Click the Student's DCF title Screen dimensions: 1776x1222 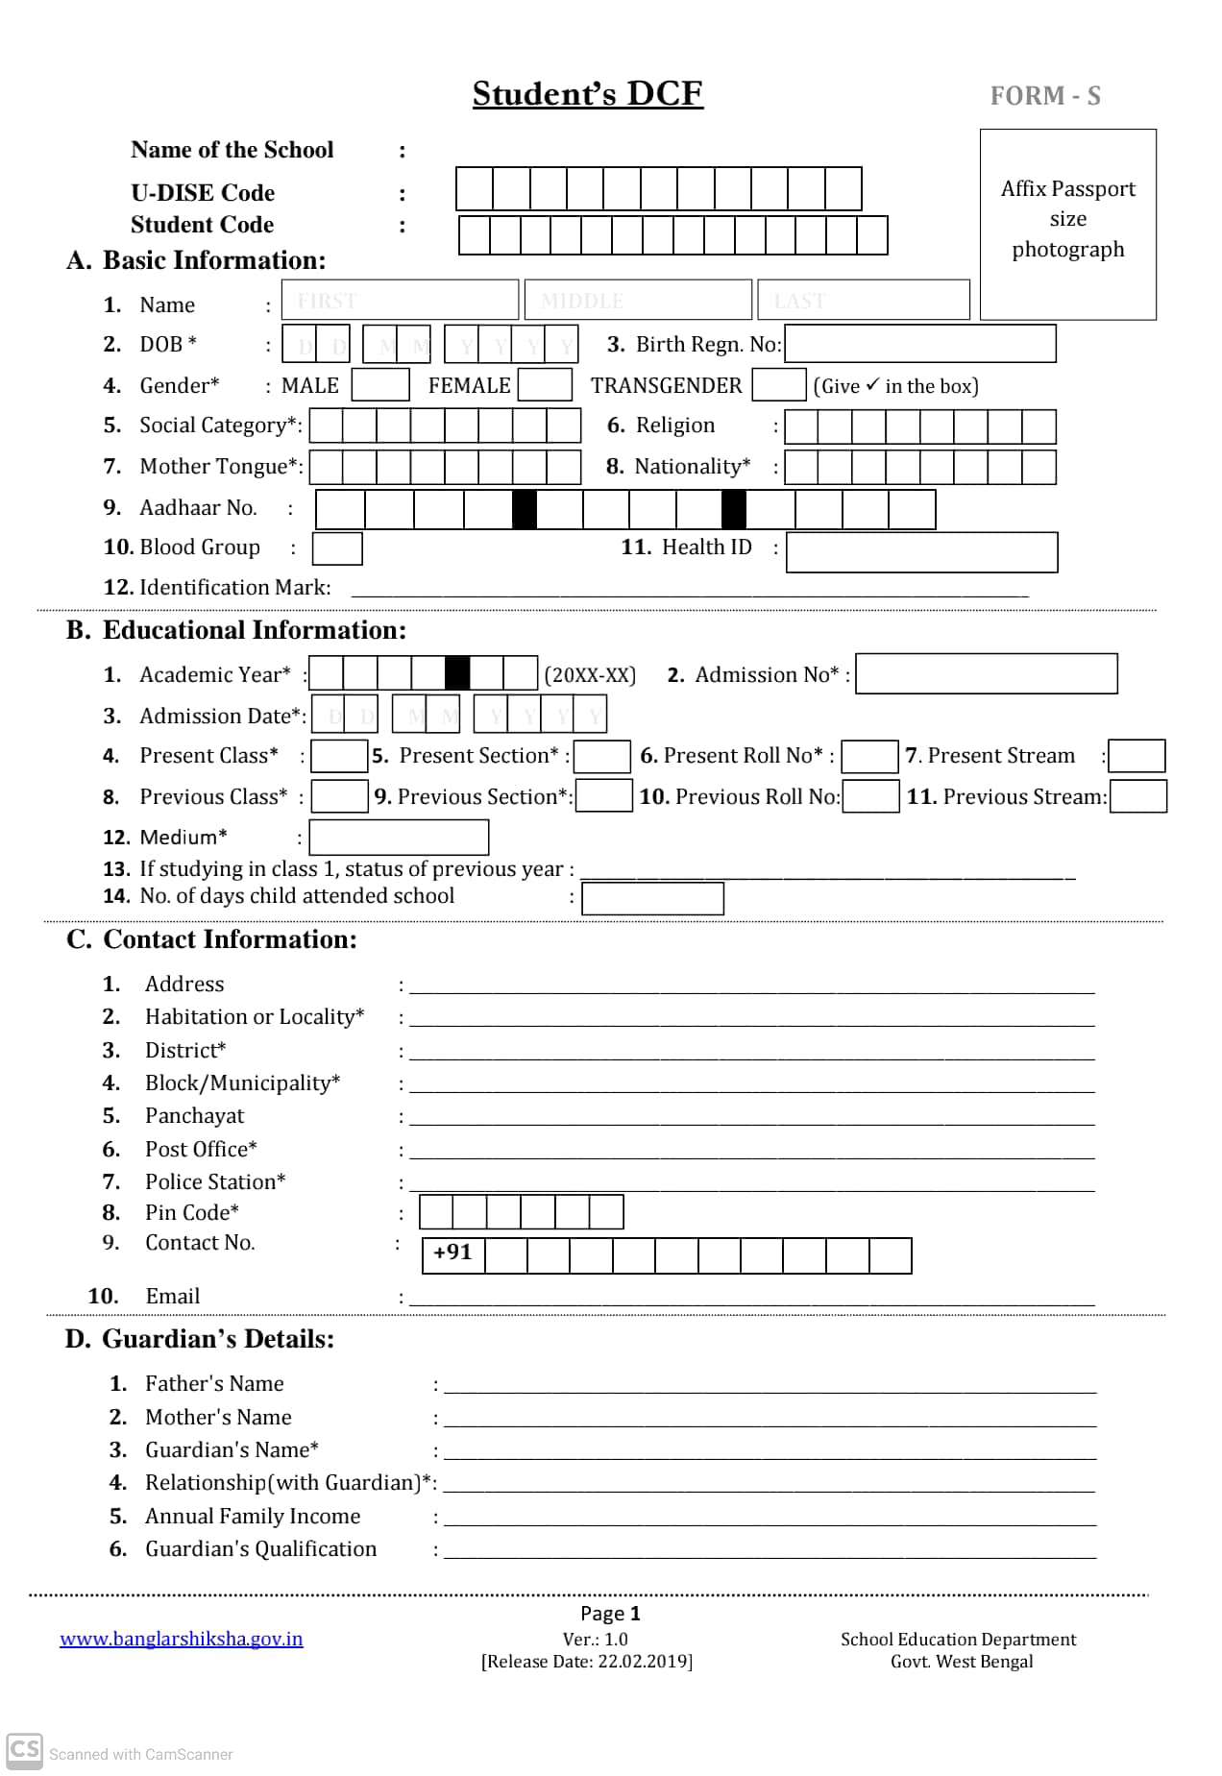click(x=587, y=93)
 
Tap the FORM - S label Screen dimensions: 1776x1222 click(x=1045, y=96)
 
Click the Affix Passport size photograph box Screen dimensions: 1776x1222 click(x=1067, y=224)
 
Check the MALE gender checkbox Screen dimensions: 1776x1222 click(x=380, y=385)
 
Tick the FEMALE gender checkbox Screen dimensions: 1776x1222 click(x=545, y=385)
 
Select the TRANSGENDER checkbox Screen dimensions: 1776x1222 click(x=778, y=385)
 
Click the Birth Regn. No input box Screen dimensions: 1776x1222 click(x=920, y=344)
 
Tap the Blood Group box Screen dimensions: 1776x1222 click(x=337, y=548)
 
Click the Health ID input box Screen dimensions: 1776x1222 click(x=921, y=552)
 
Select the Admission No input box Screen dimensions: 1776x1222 click(x=986, y=674)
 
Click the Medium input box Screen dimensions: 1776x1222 click(x=399, y=838)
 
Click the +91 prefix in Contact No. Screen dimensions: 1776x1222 click(x=452, y=1253)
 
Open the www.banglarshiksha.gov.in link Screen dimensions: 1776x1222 click(x=181, y=1640)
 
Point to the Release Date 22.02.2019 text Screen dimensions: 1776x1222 click(x=586, y=1662)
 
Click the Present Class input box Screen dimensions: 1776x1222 click(x=339, y=756)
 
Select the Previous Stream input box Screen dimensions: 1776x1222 click(x=1138, y=797)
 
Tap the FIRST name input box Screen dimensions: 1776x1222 click(x=400, y=301)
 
